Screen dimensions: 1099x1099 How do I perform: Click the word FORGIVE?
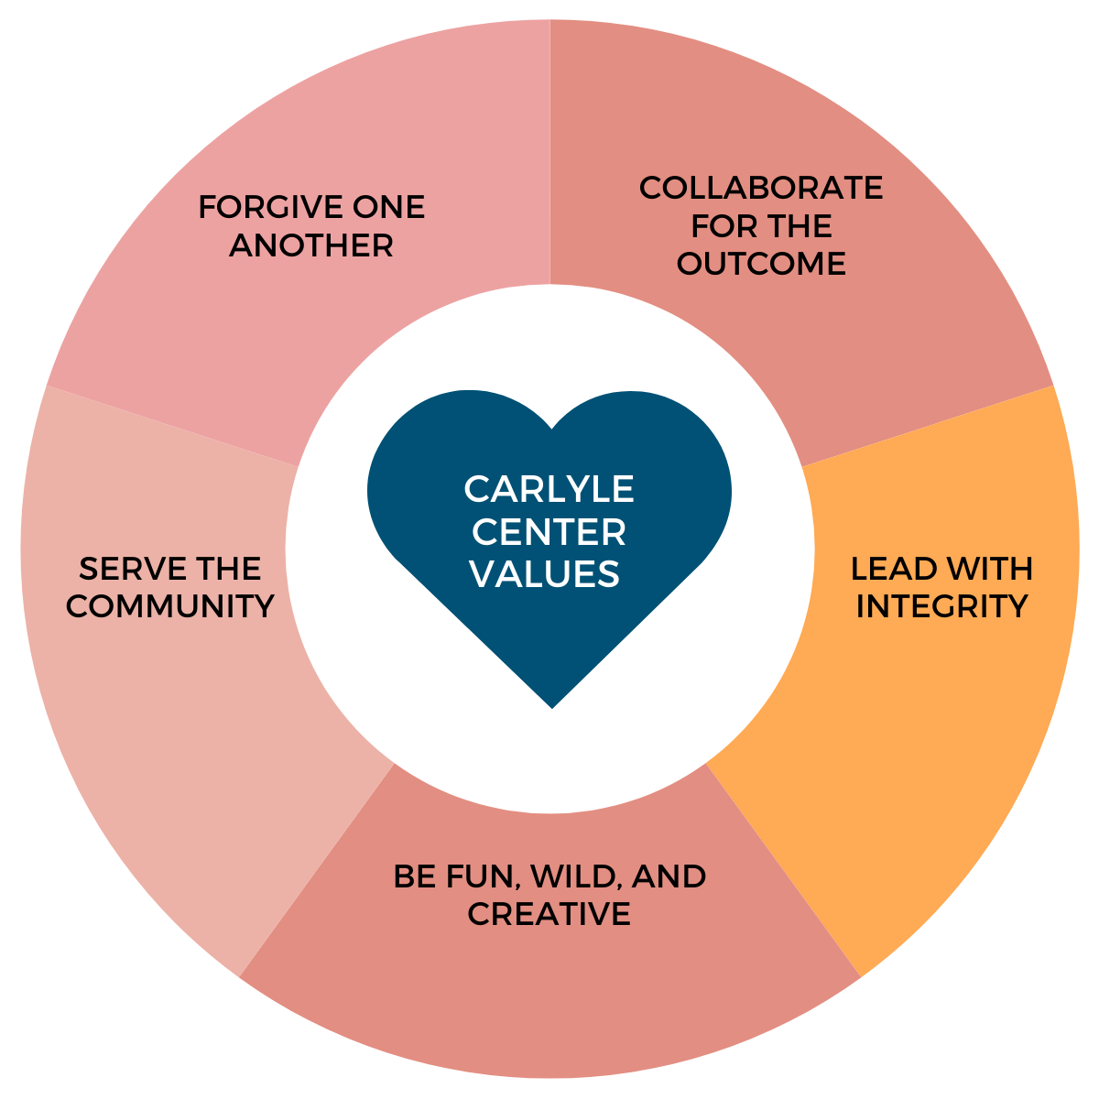click(254, 208)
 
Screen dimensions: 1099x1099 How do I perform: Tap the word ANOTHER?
click(311, 245)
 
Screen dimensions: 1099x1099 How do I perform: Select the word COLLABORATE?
click(761, 188)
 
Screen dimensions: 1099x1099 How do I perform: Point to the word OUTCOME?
click(761, 264)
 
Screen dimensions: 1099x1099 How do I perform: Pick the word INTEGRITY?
click(941, 606)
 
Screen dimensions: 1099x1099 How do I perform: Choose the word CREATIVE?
click(549, 914)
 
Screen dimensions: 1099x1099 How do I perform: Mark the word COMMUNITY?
click(170, 606)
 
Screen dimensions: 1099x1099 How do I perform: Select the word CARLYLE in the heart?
click(549, 490)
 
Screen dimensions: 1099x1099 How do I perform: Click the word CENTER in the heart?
click(549, 532)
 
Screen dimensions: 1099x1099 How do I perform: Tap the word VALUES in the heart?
click(545, 574)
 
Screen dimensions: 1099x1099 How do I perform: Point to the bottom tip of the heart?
click(551, 706)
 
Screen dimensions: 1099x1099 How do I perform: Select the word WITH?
click(988, 569)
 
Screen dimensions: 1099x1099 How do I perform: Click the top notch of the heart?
click(550, 428)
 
